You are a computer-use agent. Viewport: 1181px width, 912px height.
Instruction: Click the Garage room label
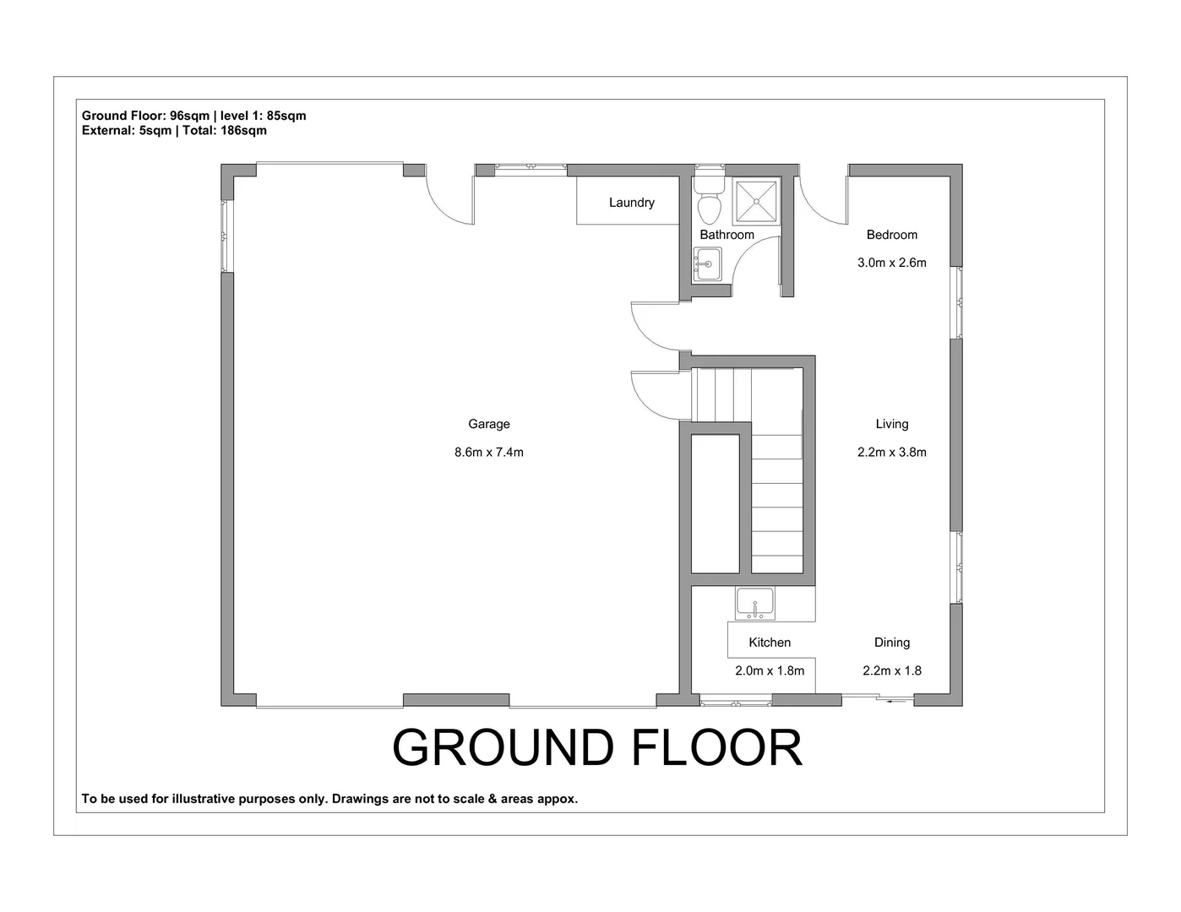point(488,424)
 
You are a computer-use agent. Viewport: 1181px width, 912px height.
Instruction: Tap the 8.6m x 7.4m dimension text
point(488,452)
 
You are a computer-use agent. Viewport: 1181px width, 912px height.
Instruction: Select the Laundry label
point(631,203)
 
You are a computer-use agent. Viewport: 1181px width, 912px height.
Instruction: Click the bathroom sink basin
point(708,264)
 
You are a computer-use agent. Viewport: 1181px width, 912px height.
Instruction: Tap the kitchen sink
point(755,605)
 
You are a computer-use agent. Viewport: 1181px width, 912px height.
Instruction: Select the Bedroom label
point(891,235)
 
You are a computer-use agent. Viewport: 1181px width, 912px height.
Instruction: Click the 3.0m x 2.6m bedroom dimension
point(891,263)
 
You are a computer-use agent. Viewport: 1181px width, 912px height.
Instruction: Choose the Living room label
point(891,424)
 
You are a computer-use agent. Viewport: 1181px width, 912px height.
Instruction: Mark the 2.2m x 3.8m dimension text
point(891,452)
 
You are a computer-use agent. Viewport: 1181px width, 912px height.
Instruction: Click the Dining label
point(891,643)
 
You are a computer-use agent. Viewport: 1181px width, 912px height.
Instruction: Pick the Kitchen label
point(769,643)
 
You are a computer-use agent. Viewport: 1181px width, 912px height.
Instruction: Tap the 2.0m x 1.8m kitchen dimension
point(769,670)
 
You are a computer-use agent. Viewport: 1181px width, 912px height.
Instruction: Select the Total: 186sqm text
point(224,130)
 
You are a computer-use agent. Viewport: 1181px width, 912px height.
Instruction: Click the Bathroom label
point(727,235)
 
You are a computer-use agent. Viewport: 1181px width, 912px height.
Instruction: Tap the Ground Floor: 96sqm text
point(145,116)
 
